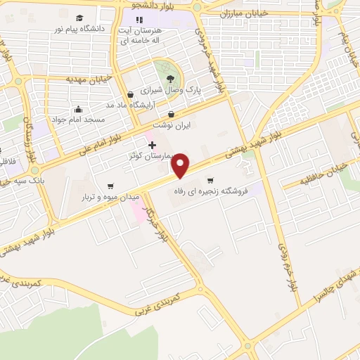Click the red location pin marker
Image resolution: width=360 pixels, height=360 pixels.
[x=181, y=166]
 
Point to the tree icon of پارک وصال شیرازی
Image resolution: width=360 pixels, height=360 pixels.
[x=171, y=77]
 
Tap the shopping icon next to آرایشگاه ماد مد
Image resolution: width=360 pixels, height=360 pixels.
[x=130, y=94]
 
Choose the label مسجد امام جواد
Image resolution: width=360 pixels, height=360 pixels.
[x=79, y=120]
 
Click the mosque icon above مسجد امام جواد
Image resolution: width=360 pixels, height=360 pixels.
[x=77, y=109]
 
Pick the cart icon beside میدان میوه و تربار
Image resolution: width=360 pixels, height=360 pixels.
[x=110, y=186]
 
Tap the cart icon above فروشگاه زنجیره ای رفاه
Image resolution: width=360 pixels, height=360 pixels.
[x=210, y=179]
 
